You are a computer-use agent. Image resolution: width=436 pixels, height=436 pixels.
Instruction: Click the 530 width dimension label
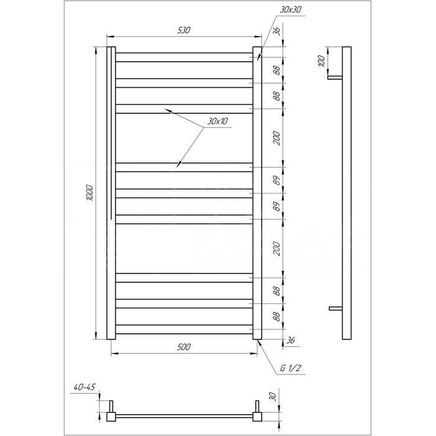click(x=184, y=30)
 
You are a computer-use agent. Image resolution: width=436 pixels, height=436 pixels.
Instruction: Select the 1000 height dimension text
click(x=90, y=192)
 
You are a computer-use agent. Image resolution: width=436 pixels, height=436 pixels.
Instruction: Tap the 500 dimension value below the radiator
click(x=184, y=347)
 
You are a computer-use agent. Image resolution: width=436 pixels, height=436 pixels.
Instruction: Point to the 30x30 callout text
click(x=290, y=10)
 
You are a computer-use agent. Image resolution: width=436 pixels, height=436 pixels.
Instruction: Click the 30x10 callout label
click(x=217, y=121)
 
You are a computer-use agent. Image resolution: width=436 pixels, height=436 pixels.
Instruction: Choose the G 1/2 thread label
click(x=291, y=368)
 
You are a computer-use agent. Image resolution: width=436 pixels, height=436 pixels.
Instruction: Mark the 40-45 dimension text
click(x=85, y=387)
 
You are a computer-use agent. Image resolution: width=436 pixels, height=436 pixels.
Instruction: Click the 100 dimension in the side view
click(x=321, y=61)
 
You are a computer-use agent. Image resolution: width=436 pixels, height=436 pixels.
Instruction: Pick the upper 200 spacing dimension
click(x=277, y=138)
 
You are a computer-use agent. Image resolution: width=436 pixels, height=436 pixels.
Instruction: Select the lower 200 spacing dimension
click(x=277, y=249)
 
